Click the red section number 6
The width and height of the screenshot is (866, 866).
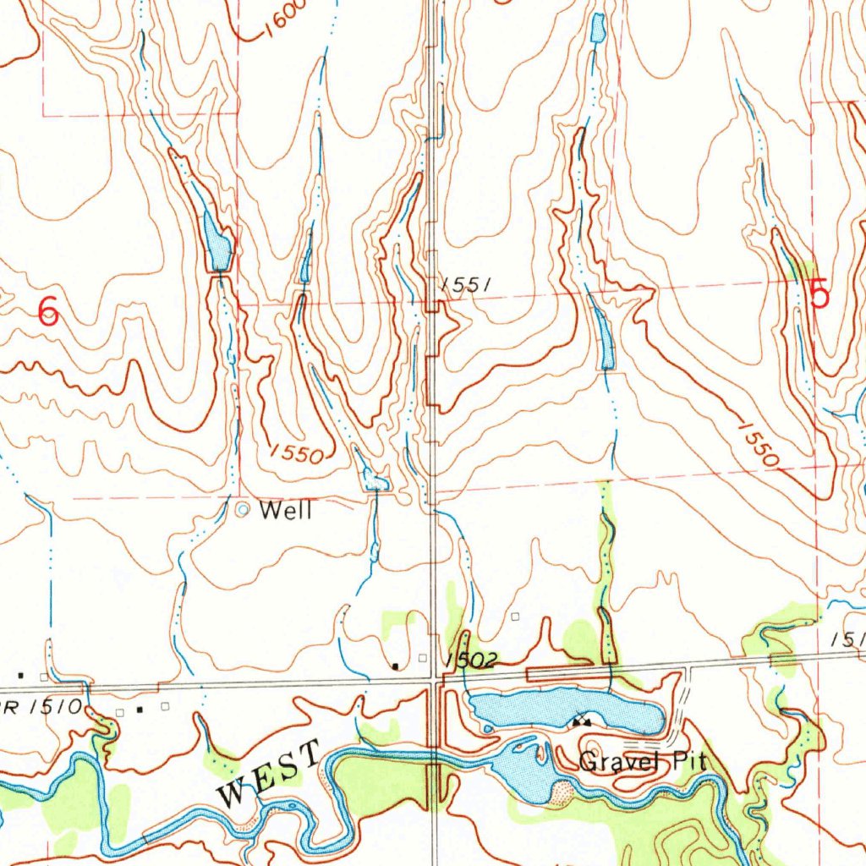49,314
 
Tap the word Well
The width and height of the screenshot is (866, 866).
286,511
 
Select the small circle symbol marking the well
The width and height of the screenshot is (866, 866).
243,510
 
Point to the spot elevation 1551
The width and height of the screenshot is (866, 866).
466,286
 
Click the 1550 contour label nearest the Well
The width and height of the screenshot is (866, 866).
297,454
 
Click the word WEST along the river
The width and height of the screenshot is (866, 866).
269,772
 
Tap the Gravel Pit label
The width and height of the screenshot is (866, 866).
643,762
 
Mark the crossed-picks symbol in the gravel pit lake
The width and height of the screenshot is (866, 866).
580,721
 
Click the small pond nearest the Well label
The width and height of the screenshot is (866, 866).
374,482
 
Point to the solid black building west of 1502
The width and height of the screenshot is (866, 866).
396,666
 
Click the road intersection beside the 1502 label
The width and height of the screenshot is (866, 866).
434,677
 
